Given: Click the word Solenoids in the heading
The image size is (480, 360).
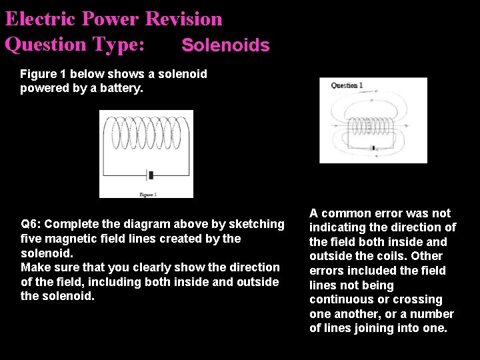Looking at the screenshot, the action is click(225, 45).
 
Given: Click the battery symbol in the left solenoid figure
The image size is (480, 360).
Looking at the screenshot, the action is click(151, 175).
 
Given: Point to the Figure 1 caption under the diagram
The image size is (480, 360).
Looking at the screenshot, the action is click(147, 194).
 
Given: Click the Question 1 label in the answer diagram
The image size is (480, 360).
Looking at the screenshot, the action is click(347, 85).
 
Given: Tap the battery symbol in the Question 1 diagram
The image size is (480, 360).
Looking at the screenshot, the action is click(373, 147).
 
